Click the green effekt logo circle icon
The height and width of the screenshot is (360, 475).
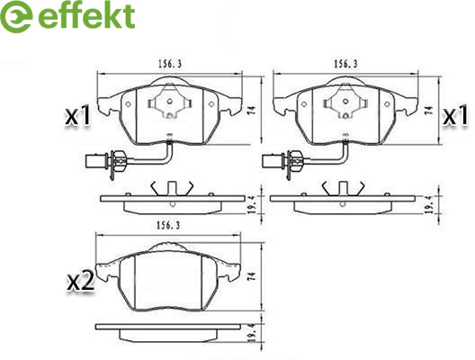tap(16, 16)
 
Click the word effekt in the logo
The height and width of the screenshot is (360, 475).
tap(86, 15)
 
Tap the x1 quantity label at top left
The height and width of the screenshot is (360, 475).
tap(78, 116)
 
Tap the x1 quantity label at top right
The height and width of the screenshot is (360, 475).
tap(456, 116)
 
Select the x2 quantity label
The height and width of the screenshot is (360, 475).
tap(80, 282)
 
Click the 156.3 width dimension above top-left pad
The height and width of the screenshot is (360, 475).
tap(170, 64)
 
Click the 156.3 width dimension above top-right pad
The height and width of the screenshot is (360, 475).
tap(345, 64)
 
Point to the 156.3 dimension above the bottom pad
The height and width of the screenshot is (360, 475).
tap(168, 226)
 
